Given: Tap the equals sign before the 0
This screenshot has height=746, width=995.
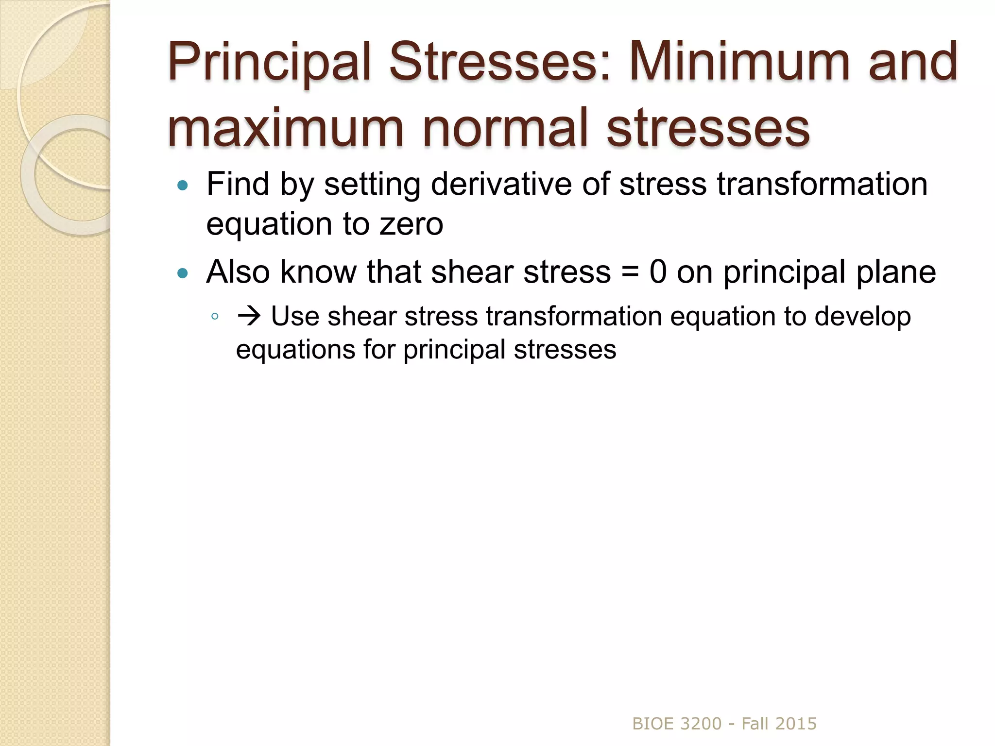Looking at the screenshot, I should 630,272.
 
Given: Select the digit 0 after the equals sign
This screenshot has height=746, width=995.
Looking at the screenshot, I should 658,272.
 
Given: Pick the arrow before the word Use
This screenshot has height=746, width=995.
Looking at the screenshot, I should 249,316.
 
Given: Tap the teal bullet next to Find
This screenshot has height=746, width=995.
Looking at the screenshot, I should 183,185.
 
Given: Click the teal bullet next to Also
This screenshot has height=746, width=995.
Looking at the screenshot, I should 183,273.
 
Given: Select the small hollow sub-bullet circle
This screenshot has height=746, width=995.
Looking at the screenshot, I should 215,317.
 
